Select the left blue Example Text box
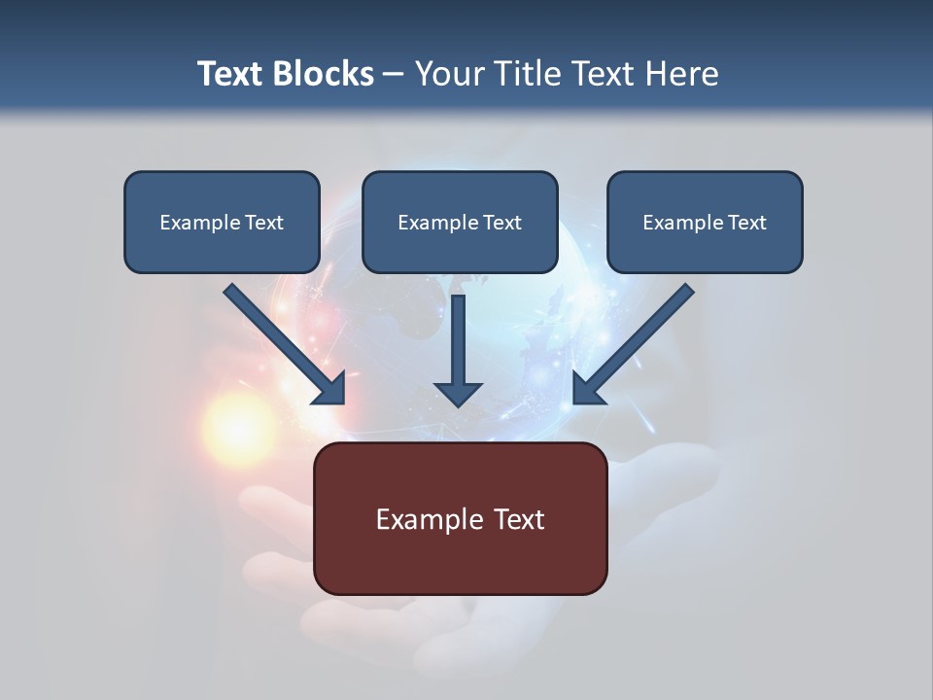point(222,222)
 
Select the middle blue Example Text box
point(460,222)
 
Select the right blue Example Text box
point(705,222)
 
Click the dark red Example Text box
point(460,518)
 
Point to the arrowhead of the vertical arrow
point(458,393)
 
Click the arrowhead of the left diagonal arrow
point(330,390)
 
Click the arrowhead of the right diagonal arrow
point(588,389)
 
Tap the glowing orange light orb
point(237,427)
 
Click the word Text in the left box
point(264,223)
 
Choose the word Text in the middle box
point(502,223)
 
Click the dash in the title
point(394,75)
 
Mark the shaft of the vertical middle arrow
point(458,336)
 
